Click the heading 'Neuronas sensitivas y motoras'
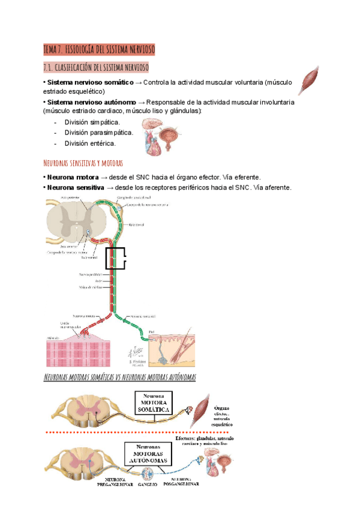83,163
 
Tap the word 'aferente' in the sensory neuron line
276,188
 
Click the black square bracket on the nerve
116,258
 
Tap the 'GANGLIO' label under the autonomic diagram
148,483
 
